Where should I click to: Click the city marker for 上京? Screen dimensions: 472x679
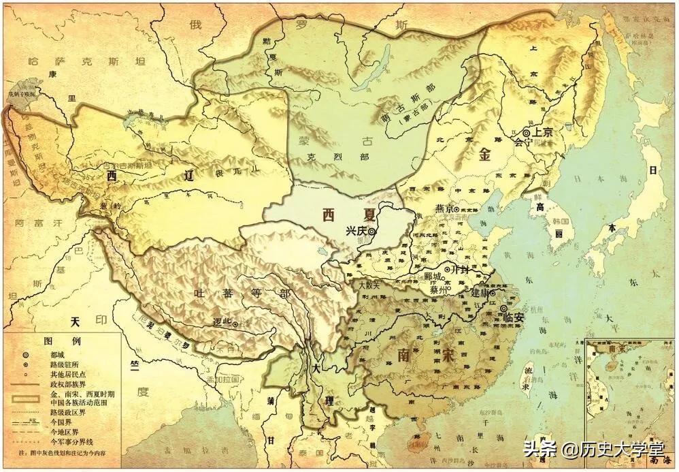(525, 133)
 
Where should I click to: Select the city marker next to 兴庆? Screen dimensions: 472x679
(372, 232)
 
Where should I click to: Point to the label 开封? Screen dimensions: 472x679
(461, 270)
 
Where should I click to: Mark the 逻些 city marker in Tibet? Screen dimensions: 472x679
(235, 326)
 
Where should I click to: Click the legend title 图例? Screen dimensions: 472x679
(52, 341)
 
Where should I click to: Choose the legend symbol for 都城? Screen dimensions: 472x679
(24, 355)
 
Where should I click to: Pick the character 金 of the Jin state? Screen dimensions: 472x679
(485, 155)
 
